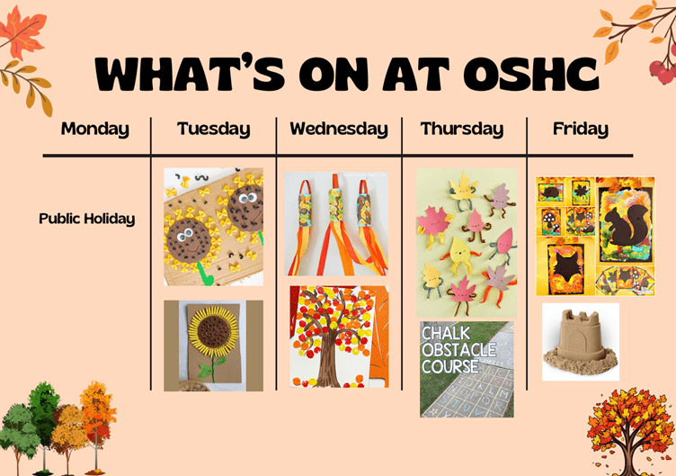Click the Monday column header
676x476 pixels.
point(95,129)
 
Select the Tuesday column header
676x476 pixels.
point(213,129)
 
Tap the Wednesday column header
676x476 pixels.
point(339,129)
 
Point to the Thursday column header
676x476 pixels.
point(462,129)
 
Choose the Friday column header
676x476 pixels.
point(581,129)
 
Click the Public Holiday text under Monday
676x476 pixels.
point(86,219)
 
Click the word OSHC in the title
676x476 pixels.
point(530,74)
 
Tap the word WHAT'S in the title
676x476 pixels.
point(190,73)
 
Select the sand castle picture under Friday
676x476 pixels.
point(581,342)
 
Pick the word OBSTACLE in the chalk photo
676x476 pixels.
point(458,349)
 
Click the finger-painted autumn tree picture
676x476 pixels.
point(339,337)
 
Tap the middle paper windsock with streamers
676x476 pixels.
point(336,224)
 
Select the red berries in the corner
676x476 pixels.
point(663,70)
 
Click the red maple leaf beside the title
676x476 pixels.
point(22,33)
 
